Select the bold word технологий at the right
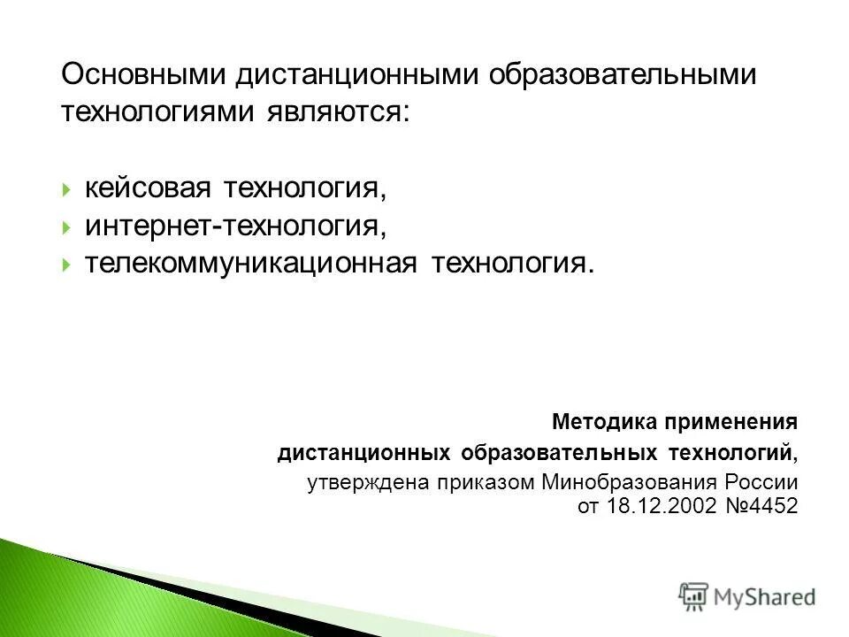pyautogui.click(x=743, y=454)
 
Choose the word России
pyautogui.click(x=762, y=484)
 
